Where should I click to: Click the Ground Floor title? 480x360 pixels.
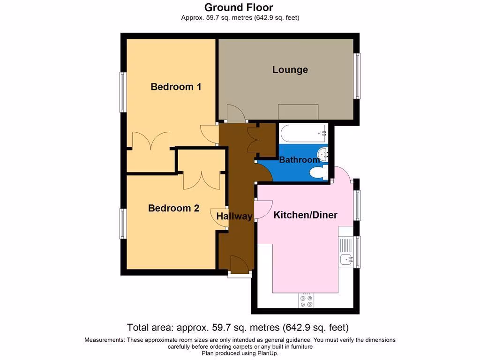[239, 7]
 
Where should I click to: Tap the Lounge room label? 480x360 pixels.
[290, 70]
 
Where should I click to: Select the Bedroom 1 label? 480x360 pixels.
[176, 87]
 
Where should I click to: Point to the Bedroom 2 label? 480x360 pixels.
[173, 208]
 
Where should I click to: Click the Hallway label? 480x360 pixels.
[234, 216]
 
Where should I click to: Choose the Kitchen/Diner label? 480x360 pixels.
[305, 215]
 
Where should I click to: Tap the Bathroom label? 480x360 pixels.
[299, 160]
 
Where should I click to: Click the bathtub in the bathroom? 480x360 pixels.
[303, 134]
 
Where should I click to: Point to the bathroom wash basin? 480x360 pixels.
[323, 153]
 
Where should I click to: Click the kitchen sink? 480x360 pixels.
[346, 258]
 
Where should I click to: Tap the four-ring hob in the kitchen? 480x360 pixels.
[306, 300]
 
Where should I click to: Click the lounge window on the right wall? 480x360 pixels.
[358, 76]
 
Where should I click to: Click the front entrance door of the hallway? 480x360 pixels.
[239, 265]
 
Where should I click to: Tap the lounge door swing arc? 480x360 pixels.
[235, 113]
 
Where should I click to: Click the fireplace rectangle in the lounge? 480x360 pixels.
[298, 112]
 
